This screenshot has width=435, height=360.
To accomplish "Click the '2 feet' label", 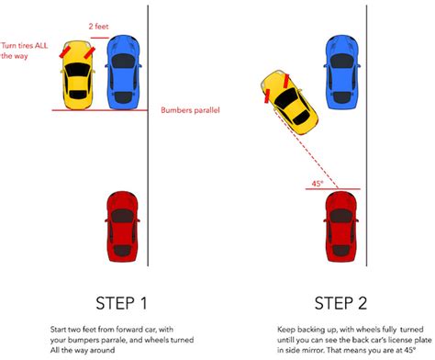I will click(99, 27).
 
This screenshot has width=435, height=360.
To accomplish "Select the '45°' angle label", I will click(318, 183).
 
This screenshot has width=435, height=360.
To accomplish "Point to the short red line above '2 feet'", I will click(98, 38).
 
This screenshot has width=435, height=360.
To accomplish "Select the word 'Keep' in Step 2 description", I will click(285, 328).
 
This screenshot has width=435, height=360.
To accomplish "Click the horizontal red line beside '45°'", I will click(332, 189).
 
